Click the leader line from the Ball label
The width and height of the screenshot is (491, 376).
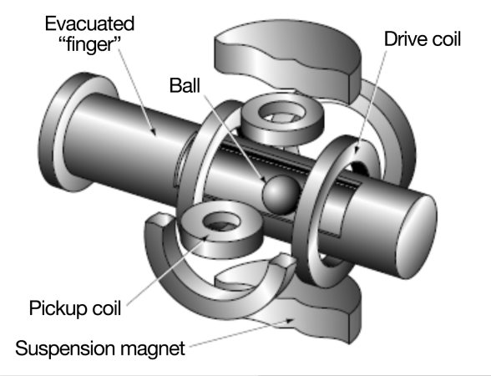pyautogui.click(x=234, y=134)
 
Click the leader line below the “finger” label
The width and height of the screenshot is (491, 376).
pyautogui.click(x=134, y=92)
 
